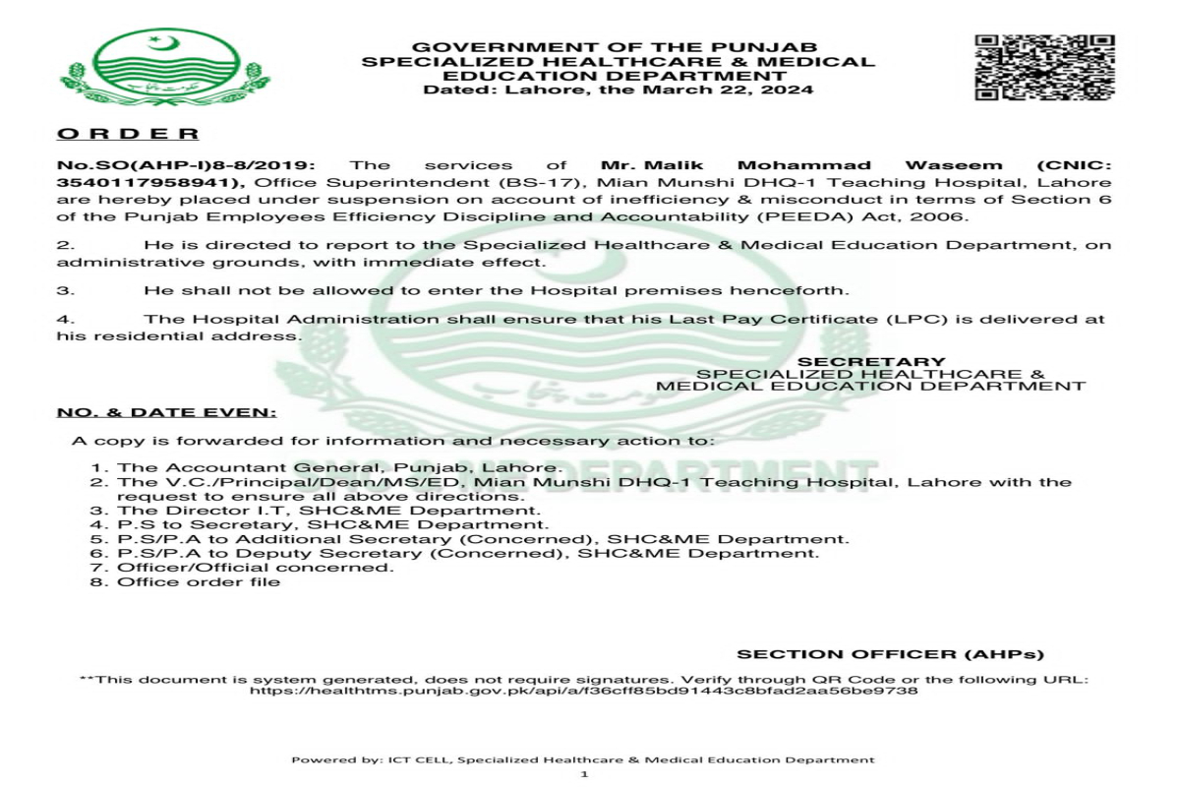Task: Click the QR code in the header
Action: [1044, 67]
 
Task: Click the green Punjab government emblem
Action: [164, 68]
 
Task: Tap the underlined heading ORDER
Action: [128, 134]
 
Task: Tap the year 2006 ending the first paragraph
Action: [949, 217]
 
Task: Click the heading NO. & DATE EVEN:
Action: [166, 413]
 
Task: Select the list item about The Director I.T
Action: [328, 511]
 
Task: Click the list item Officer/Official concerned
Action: [256, 568]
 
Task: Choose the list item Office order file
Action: [199, 581]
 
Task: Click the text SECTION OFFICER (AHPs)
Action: [890, 654]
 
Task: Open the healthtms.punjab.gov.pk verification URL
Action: [583, 692]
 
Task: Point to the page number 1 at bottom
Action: [584, 774]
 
